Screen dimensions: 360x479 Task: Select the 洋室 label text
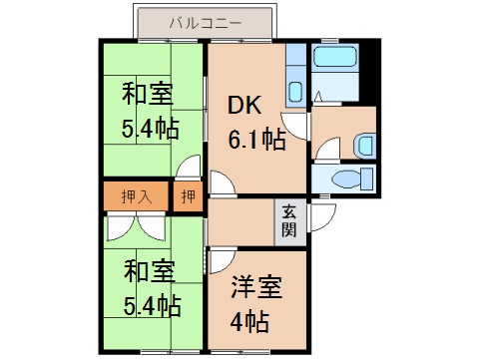pyautogui.click(x=254, y=287)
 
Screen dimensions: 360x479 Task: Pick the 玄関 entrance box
pyautogui.click(x=289, y=221)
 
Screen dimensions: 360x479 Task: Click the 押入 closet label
pyautogui.click(x=137, y=196)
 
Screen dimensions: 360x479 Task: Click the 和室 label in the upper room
pyautogui.click(x=147, y=96)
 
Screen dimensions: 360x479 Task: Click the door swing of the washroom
pyautogui.click(x=321, y=149)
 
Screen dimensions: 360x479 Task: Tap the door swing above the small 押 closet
pyautogui.click(x=187, y=171)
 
